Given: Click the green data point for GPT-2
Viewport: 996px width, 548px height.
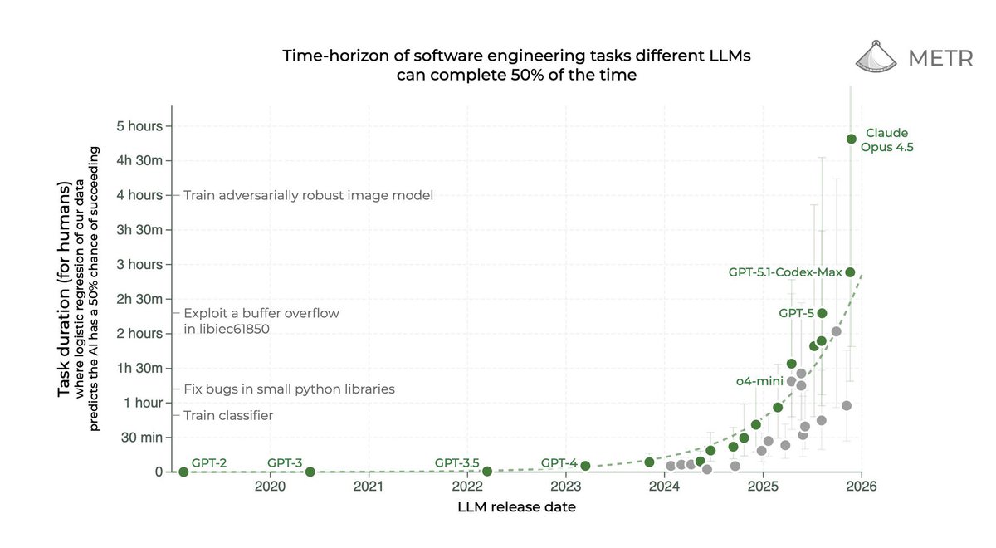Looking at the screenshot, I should [183, 472].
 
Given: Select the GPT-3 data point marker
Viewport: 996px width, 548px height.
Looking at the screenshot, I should [310, 472].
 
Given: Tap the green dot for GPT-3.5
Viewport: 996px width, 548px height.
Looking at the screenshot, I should [487, 471].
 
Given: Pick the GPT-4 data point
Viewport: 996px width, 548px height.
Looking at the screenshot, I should [585, 466].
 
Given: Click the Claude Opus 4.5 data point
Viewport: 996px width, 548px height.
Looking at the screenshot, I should [851, 139].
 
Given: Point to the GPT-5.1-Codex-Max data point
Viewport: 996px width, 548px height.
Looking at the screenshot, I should [850, 272].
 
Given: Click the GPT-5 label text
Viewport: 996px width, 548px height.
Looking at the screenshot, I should [795, 314].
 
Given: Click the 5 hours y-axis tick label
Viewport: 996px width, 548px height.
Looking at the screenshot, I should [139, 126].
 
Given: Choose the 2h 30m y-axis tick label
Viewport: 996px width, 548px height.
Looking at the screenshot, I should [139, 299].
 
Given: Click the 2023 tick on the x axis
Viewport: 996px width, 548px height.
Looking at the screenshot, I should [566, 487].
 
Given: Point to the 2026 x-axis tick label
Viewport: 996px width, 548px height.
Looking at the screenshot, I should [861, 487].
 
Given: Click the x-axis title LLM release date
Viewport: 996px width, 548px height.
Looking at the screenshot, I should [515, 506].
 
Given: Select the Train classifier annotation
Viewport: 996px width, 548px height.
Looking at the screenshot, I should [228, 415].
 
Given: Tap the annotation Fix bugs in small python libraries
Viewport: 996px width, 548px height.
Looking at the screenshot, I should [289, 389].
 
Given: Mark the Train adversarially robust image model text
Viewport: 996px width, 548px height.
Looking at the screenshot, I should [308, 195].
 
